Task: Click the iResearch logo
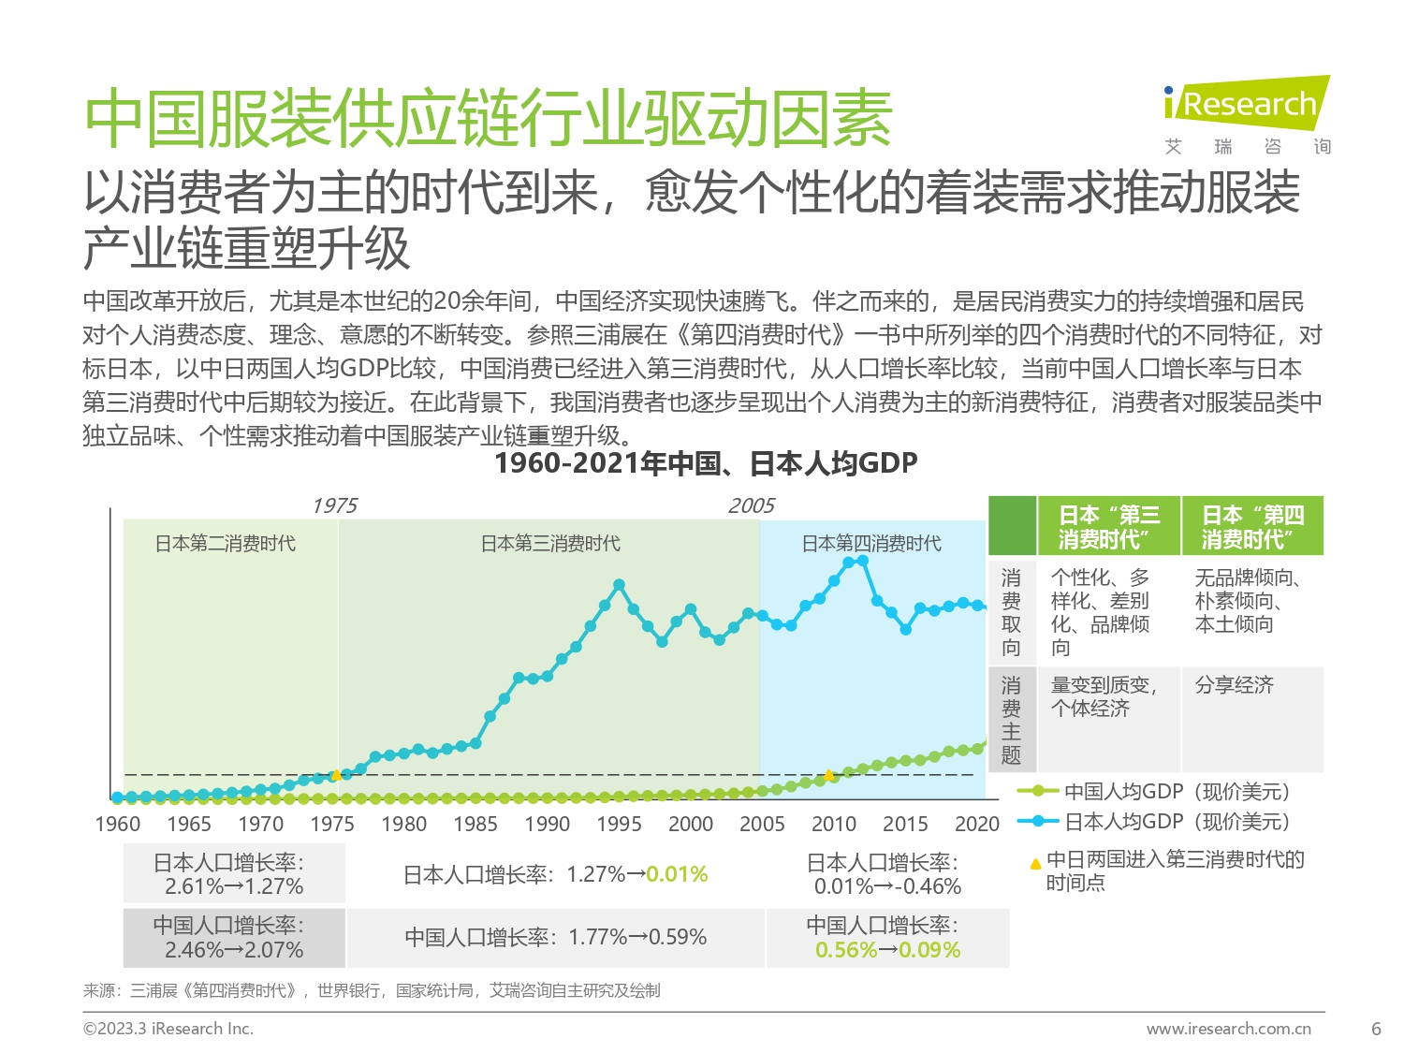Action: (1247, 105)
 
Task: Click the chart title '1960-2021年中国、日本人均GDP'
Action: (706, 463)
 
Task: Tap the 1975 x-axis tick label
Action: (332, 825)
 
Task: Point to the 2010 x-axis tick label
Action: (834, 825)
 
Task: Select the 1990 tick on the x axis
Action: (548, 825)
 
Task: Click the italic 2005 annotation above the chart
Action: (752, 506)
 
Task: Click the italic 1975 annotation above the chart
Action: (334, 506)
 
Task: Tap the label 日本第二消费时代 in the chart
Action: (226, 544)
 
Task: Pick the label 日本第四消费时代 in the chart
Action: (871, 544)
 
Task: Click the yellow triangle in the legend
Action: (1035, 863)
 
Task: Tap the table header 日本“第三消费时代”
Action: (1109, 527)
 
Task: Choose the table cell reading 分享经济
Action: (1234, 685)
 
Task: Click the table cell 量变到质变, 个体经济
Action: (1104, 697)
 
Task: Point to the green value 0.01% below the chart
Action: (677, 875)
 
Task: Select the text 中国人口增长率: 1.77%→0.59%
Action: (556, 937)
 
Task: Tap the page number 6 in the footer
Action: (1376, 1029)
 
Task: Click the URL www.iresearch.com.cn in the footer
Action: (1228, 1029)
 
